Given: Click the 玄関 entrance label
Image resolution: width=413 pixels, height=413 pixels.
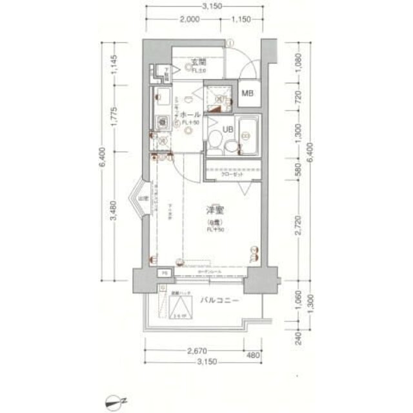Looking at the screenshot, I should tap(197, 63).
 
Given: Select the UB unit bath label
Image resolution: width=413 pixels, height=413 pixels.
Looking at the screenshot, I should tap(227, 129).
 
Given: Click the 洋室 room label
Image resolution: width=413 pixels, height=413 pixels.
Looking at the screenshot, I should tap(215, 211).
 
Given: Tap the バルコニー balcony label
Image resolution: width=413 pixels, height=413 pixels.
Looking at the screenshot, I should tap(219, 301).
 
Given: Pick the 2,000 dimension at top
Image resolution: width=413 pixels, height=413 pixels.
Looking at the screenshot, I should tap(189, 20).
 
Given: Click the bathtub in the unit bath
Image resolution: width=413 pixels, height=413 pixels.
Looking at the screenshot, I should tap(247, 135).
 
